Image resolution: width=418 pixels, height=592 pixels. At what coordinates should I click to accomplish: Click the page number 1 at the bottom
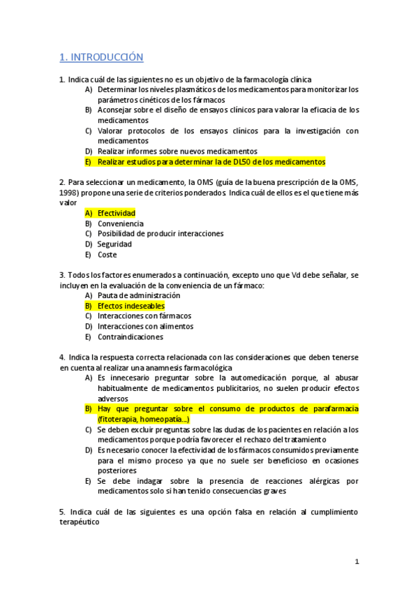(x=357, y=561)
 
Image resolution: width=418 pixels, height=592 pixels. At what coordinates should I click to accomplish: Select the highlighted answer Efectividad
(x=116, y=212)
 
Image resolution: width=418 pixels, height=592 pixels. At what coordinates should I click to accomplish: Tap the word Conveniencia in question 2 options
(x=120, y=223)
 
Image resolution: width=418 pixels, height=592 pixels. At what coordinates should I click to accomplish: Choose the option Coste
(x=107, y=255)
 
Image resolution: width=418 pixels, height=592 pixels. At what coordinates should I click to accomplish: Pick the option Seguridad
(x=114, y=244)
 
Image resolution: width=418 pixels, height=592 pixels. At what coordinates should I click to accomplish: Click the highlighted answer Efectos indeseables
(x=130, y=306)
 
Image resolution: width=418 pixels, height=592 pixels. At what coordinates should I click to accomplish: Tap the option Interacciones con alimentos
(x=145, y=326)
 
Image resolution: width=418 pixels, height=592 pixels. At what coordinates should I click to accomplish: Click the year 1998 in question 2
(x=68, y=192)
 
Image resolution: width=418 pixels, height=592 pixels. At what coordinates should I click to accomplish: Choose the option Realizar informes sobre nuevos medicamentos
(x=177, y=151)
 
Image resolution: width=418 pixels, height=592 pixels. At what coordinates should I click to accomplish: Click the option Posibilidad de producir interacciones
(x=161, y=234)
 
